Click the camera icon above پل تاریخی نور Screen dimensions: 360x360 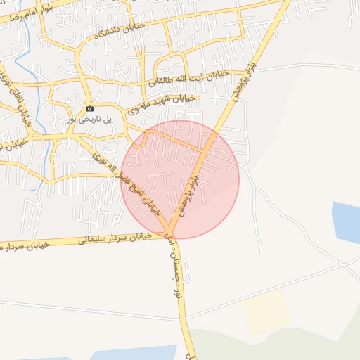coord(89,108)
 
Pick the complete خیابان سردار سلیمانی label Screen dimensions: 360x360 coord(115,238)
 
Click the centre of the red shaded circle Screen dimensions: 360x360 coord(180,179)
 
